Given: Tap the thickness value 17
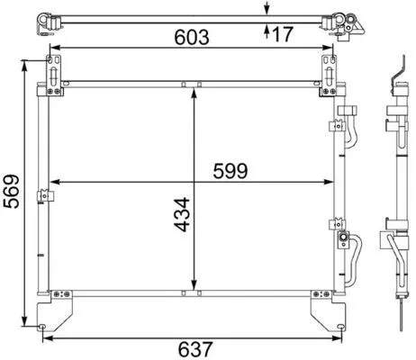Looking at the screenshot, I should tap(282, 34).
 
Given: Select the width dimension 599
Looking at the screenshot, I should tap(231, 168).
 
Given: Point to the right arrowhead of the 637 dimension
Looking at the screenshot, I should tap(339, 339).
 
